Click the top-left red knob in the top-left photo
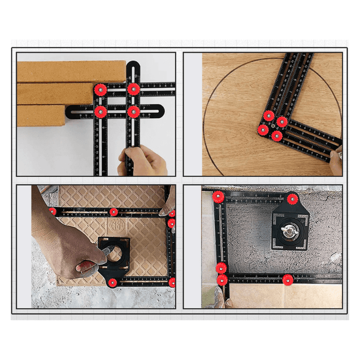click(101, 89)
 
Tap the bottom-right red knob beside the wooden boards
click(133, 111)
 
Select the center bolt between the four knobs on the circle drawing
click(272, 126)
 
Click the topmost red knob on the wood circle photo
click(269, 115)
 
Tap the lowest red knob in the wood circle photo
click(277, 136)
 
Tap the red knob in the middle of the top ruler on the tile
click(113, 212)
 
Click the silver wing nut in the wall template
click(291, 230)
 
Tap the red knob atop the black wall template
click(292, 199)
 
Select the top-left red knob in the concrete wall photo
click(218, 197)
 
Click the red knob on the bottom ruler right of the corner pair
click(288, 279)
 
